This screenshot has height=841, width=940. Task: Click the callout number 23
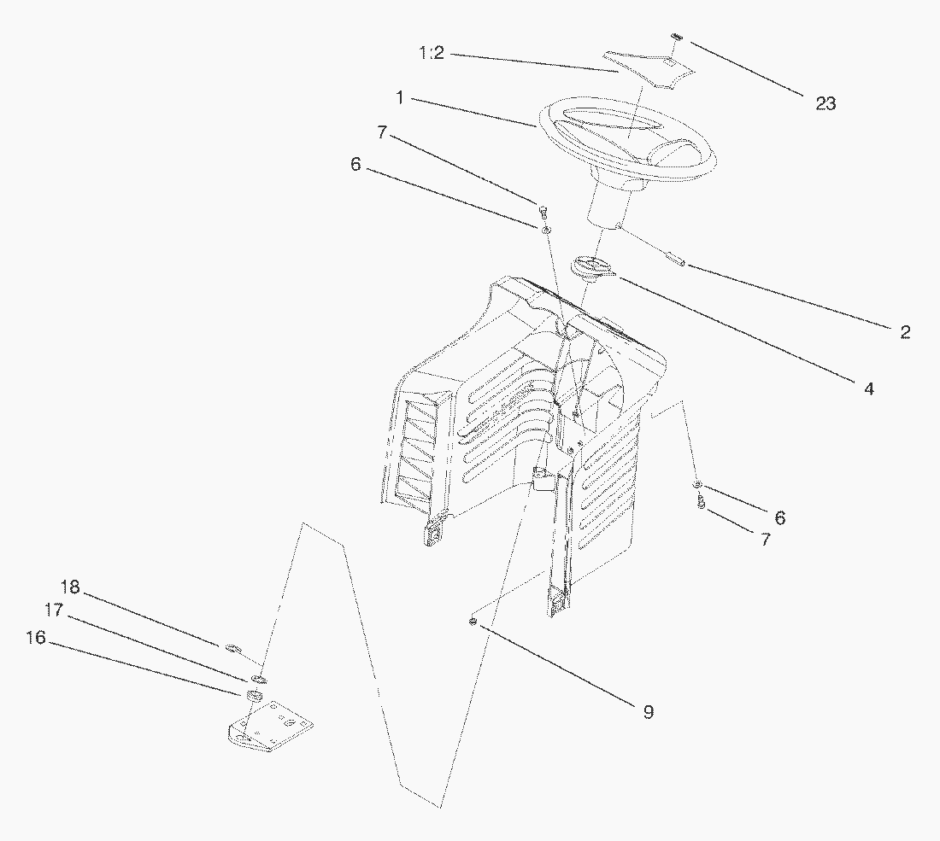point(825,103)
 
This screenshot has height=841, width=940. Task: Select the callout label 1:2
point(432,54)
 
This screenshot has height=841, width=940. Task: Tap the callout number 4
point(868,388)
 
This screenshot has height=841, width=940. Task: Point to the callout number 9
point(648,711)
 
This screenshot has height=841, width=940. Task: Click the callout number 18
point(70,587)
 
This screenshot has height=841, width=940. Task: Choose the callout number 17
point(54,610)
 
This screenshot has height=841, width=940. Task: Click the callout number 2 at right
point(905,332)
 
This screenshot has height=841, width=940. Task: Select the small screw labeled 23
point(676,36)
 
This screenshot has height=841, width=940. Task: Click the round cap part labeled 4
point(590,266)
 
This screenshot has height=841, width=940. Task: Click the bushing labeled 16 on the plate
point(253,697)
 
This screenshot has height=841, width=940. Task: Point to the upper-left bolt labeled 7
point(543,209)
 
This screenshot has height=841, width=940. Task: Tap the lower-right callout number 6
point(779,517)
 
